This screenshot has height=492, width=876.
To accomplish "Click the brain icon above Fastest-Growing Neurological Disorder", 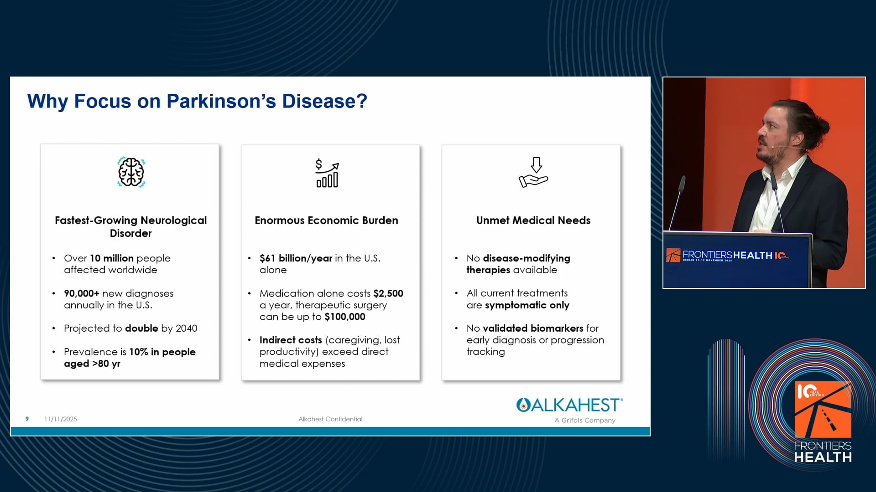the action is pos(131,172).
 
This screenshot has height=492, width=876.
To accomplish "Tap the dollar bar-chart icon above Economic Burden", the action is pos(327,173).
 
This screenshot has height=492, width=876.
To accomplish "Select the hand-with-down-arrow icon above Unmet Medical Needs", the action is pos(533,172).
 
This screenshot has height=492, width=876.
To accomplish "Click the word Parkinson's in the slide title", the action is pos(221,101).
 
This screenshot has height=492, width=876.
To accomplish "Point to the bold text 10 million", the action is pos(111,258).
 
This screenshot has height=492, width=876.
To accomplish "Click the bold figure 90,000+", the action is pos(82,293).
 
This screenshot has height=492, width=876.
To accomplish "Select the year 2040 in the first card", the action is pos(187,328).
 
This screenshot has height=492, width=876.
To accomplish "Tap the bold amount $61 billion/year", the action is pos(296,258).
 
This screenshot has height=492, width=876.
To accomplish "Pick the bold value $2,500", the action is pos(388,293).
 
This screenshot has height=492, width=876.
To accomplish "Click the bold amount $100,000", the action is pos(345,317).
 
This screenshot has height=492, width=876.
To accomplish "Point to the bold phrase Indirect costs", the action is pos(291,340).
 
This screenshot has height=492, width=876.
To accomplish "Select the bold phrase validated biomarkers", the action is pos(533,328).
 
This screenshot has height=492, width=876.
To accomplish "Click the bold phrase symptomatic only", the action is pos(527,305).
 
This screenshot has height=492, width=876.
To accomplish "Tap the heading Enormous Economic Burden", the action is pos(326,220).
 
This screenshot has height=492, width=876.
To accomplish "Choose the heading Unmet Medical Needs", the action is pos(533,220).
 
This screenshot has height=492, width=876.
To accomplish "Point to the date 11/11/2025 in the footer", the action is pos(61,419).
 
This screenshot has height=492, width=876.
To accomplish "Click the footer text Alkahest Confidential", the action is pos(330,419).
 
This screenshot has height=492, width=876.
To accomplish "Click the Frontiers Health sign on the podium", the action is pos(727,256).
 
